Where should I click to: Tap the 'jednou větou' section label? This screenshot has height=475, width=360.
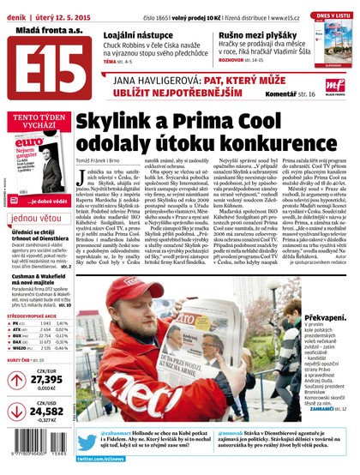pyautogui.click(x=37, y=218)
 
